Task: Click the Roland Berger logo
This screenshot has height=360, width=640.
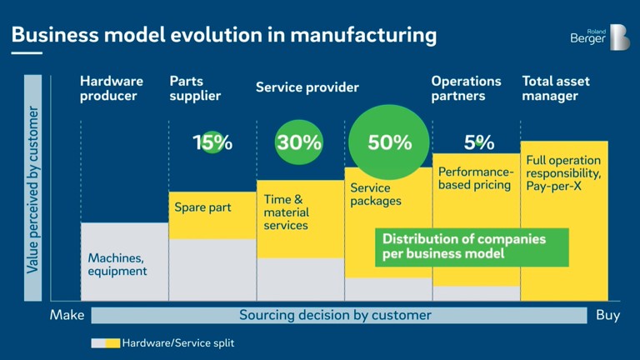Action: coord(599,37)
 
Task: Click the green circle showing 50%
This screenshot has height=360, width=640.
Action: coord(390,142)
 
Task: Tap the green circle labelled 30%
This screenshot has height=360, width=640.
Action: coord(299,142)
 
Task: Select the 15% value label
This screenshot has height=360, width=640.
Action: coord(212,142)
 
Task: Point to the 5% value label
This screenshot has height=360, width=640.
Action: coord(479,142)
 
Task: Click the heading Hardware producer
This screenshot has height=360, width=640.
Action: coord(112,88)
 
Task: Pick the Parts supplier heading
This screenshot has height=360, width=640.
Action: coord(195,88)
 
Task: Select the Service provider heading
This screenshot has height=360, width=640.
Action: coord(307,87)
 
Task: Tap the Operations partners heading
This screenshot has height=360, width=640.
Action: coord(466,88)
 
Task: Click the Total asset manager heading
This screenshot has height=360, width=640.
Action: coord(555,88)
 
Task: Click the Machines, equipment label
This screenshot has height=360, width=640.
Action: coord(117,264)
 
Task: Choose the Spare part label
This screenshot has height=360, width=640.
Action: coord(202,207)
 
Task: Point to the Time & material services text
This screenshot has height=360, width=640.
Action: coord(286,212)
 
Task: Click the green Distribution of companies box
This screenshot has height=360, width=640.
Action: coord(472,247)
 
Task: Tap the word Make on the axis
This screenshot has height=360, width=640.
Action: coord(67,316)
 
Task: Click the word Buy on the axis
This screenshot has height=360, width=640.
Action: coord(607,316)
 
